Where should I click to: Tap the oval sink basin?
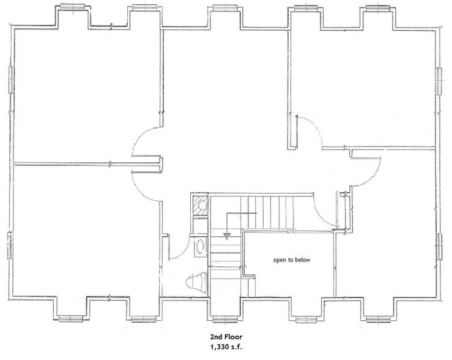(200, 247)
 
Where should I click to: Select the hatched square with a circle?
(200, 205)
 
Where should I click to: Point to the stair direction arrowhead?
(227, 236)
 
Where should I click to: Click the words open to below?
(292, 260)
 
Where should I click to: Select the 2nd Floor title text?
(226, 337)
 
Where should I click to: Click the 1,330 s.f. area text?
(226, 347)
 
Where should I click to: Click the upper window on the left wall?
(11, 80)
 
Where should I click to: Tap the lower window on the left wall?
(10, 245)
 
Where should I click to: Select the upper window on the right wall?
(439, 81)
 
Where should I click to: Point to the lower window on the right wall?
(439, 247)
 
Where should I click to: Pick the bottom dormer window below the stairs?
(225, 318)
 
